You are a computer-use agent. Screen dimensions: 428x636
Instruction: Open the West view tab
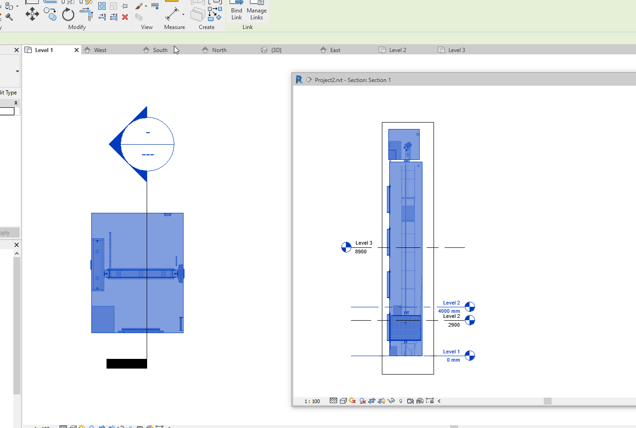coord(100,50)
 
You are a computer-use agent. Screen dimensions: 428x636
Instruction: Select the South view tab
coord(160,50)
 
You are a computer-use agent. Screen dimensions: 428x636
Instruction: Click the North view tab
coord(219,50)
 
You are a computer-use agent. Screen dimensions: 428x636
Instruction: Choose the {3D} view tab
coord(276,50)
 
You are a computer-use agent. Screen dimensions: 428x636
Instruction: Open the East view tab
coord(335,50)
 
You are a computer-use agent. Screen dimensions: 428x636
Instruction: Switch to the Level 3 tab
coord(456,50)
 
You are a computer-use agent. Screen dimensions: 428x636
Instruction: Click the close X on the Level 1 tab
coord(77,50)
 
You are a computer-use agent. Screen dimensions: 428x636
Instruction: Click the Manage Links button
coord(256,14)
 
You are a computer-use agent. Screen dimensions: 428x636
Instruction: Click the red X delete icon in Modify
coord(125,17)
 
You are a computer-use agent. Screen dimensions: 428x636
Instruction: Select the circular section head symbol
coord(147,144)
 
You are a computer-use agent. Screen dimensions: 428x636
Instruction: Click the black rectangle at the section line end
coord(127,364)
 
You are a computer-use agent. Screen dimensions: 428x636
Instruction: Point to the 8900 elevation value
coord(361,252)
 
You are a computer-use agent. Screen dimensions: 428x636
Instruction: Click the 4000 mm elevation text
coord(449,311)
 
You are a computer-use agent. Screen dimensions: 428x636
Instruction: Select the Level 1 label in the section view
coord(451,352)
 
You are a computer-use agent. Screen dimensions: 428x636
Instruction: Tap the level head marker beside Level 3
coord(346,247)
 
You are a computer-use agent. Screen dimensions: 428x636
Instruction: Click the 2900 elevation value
coord(454,325)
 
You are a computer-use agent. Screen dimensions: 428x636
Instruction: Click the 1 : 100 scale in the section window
coord(312,401)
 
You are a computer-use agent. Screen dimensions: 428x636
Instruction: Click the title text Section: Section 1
coord(369,80)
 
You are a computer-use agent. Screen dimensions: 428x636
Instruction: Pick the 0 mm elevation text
coord(453,360)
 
